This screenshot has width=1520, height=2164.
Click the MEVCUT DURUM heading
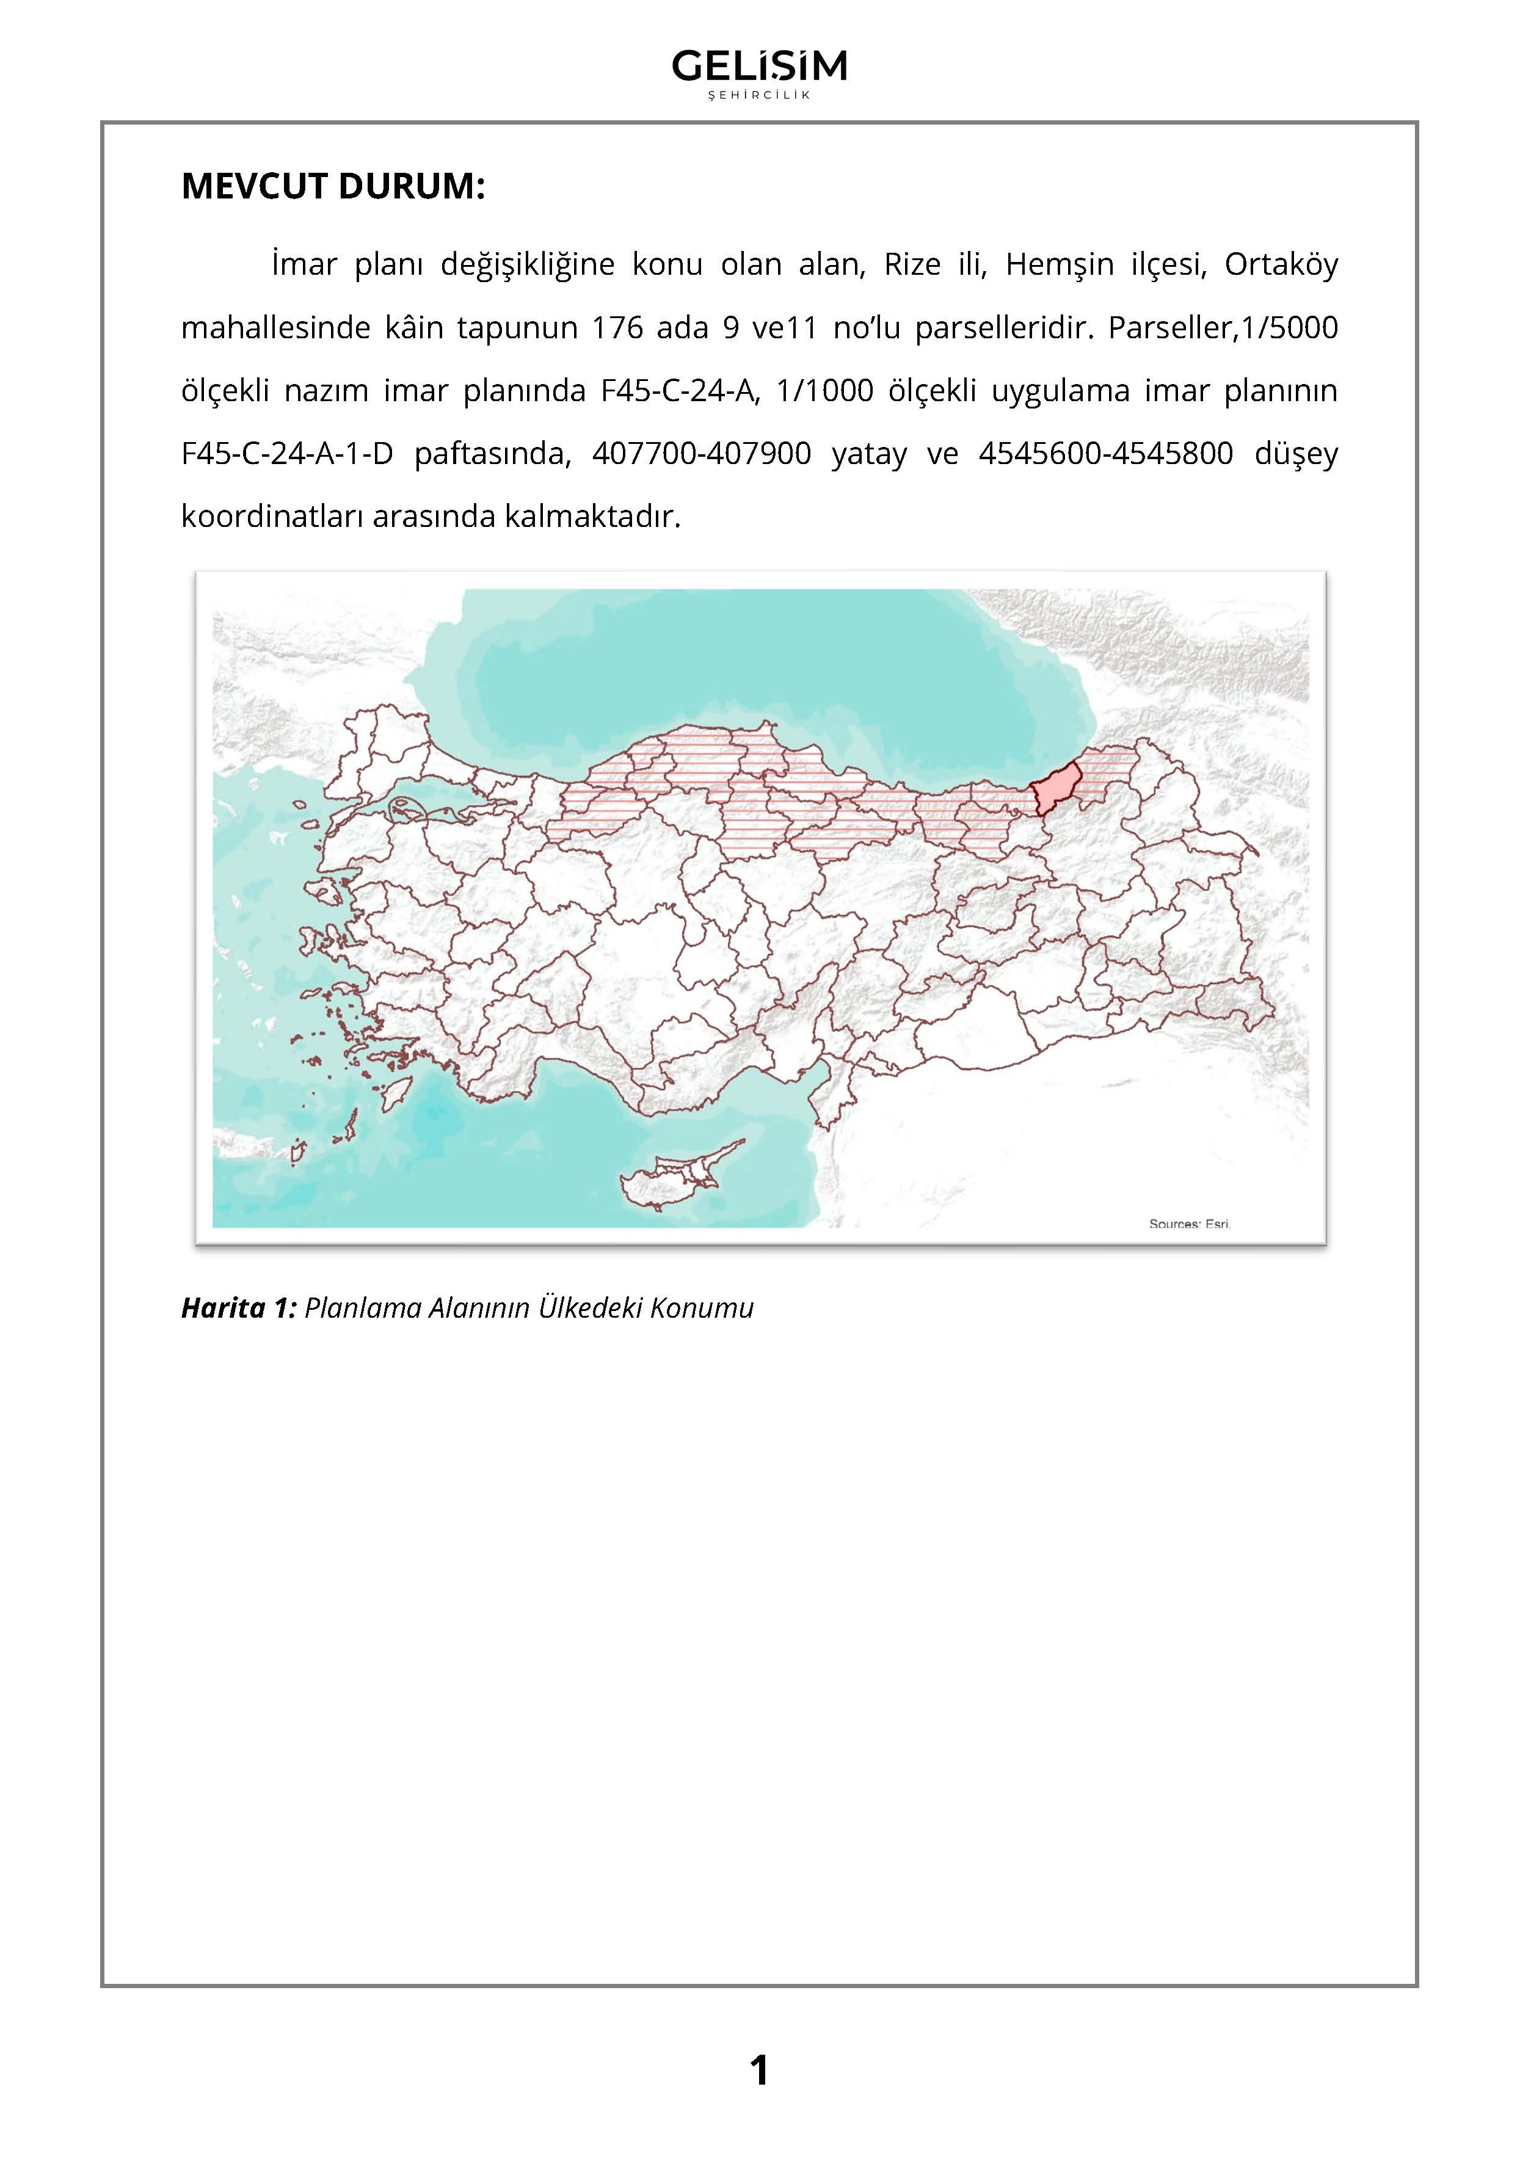point(333,187)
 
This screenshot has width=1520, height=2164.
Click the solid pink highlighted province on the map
point(1056,788)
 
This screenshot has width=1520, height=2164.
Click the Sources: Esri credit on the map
point(1189,1224)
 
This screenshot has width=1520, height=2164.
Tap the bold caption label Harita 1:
point(238,1308)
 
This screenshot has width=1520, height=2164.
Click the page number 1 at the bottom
point(758,2071)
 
